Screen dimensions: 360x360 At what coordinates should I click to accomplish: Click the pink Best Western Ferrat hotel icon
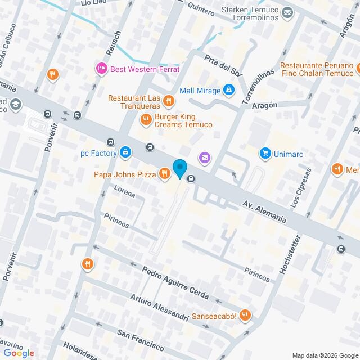[x=101, y=69]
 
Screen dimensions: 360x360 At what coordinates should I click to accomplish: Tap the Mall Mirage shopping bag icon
[x=228, y=90]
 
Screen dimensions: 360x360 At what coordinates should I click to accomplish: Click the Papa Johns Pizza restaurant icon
[x=164, y=174]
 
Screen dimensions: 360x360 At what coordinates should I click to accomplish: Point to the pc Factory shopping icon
[x=125, y=152]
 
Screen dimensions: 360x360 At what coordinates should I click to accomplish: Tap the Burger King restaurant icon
[x=146, y=119]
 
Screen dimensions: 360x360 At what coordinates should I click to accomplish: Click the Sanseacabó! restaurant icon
[x=244, y=316]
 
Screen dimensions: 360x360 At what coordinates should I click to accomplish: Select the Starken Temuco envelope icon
[x=287, y=12]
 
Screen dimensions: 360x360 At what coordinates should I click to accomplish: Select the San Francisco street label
[x=141, y=337]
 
